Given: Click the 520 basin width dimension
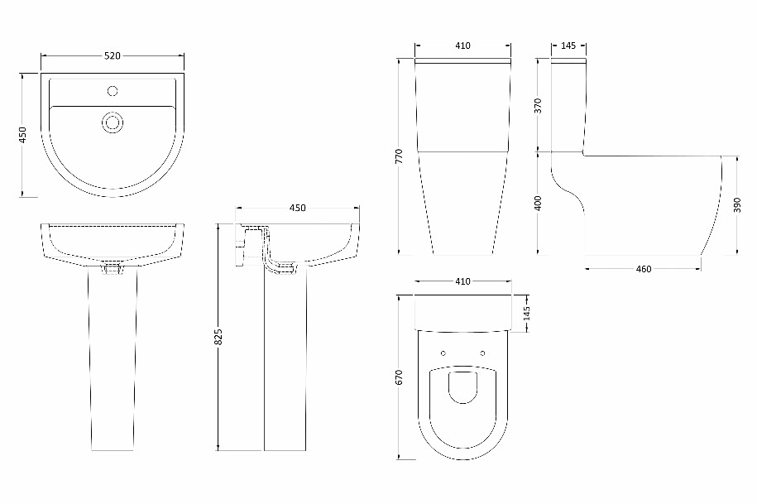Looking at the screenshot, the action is pos(113,56).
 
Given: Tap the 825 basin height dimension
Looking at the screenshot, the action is pos(218,337).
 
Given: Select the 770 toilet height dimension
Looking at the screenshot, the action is pos(399,156).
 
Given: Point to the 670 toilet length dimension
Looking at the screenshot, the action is pos(399,377).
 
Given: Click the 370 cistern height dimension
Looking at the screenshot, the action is pos(539,106).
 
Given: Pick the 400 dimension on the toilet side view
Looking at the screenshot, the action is pos(539,203).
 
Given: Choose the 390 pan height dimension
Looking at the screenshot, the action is pos(736,204).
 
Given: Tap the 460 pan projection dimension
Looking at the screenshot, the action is pos(644,269).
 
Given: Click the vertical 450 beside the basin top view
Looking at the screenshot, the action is pos(22,135).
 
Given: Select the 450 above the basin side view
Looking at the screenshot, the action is pos(297,208).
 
